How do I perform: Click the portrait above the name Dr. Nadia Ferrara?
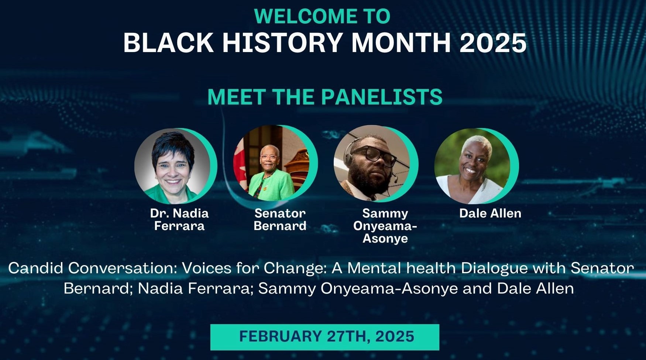coord(173,166)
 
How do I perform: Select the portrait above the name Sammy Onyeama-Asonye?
coord(372,164)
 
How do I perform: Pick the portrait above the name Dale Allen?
coord(473,166)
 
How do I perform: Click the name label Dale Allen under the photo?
coord(490,213)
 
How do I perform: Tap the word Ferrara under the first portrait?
coord(179,226)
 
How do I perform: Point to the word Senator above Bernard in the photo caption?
coord(280,213)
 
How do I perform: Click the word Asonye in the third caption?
coord(385,239)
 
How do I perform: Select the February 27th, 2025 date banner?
coord(325,337)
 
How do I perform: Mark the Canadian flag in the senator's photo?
coord(239,162)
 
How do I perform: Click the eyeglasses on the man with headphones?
coord(373,154)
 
